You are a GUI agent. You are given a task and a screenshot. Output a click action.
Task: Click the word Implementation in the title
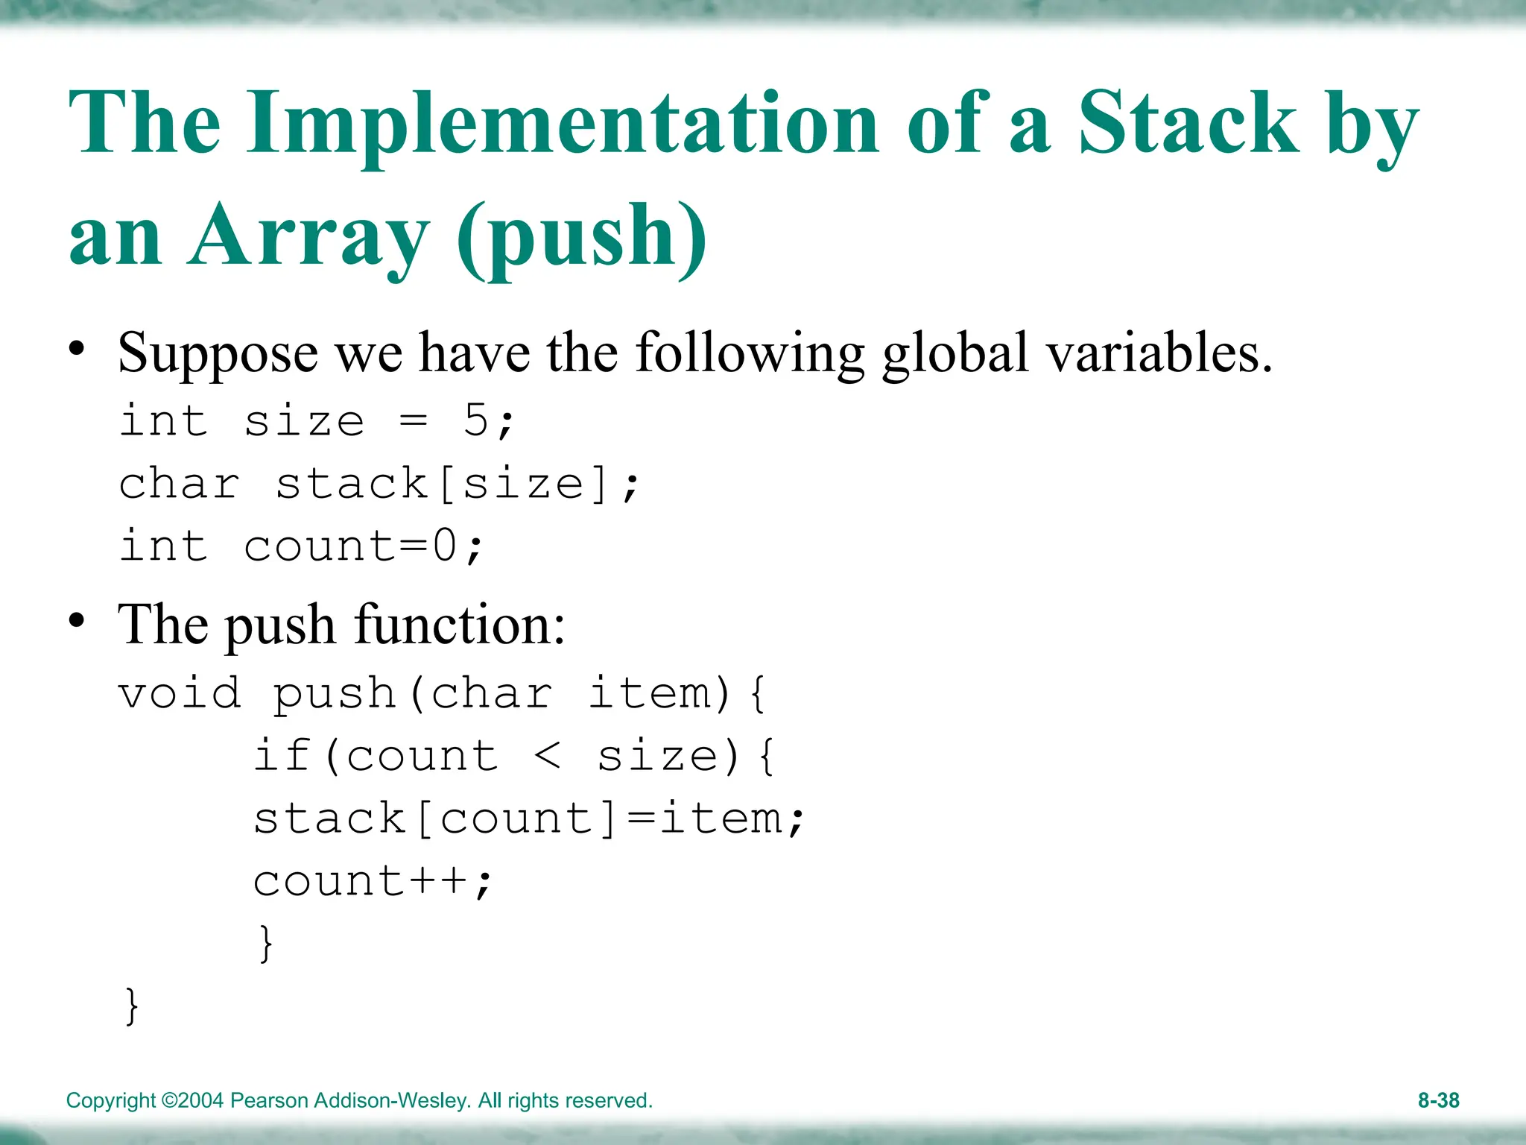click(563, 123)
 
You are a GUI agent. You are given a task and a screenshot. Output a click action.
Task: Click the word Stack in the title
click(1188, 123)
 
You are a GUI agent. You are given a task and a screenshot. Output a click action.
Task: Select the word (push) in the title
click(581, 237)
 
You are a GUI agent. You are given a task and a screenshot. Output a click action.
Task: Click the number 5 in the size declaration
click(475, 421)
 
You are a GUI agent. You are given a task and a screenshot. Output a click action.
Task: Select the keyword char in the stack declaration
click(180, 484)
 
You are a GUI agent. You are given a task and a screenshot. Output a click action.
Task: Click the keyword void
click(180, 694)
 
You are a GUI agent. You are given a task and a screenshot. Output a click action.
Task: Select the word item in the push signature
click(649, 694)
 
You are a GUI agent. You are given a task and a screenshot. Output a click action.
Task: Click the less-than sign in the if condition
click(548, 757)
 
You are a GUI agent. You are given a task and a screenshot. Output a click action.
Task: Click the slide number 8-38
click(1438, 1100)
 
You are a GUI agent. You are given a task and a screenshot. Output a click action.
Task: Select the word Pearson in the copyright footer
click(269, 1100)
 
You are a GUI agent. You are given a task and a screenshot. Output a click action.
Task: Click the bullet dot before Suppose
click(76, 348)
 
